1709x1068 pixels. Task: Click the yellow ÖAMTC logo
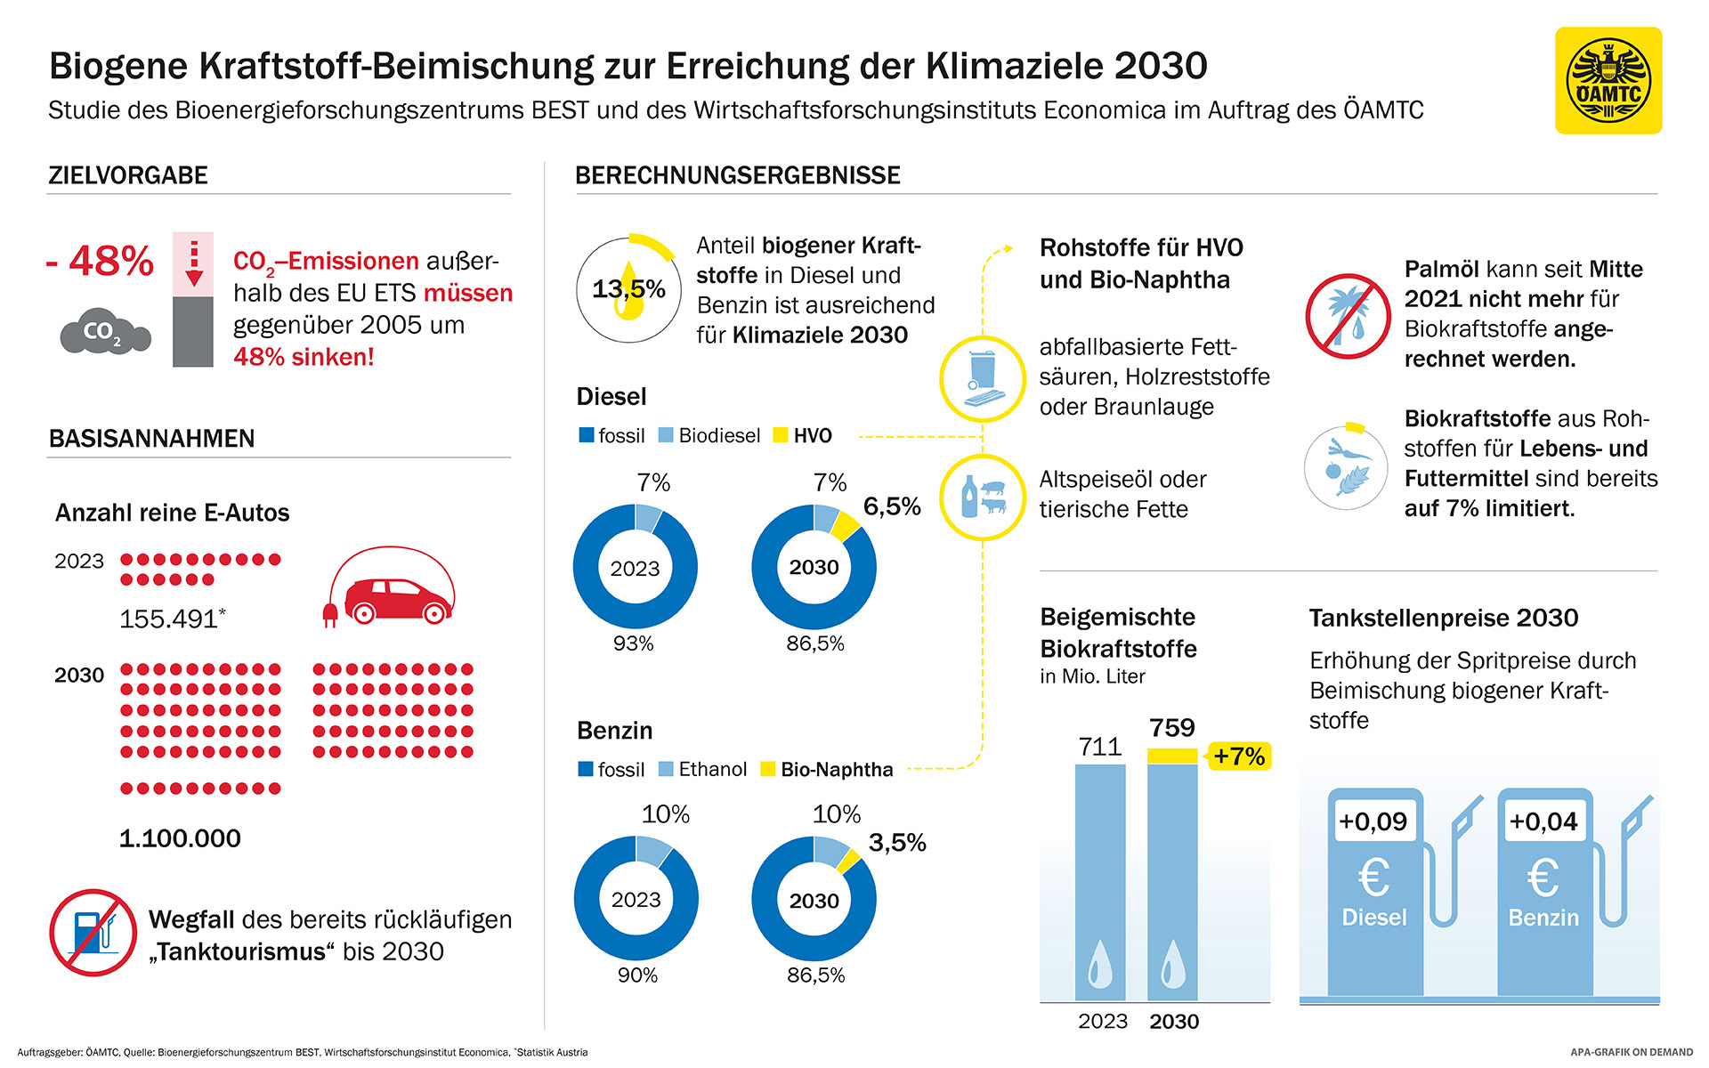[1608, 81]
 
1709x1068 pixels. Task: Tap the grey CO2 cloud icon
[105, 332]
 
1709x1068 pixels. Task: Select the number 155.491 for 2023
[169, 619]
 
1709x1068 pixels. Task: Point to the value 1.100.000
[180, 838]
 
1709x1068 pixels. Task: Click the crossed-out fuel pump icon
[93, 933]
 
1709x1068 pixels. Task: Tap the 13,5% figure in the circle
[628, 289]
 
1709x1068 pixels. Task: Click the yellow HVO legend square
[781, 435]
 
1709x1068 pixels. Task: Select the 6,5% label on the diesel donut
[892, 506]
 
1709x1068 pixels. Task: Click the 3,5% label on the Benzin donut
[897, 843]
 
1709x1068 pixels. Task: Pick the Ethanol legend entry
[702, 769]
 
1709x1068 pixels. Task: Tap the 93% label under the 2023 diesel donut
[633, 643]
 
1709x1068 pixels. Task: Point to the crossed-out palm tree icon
[1348, 316]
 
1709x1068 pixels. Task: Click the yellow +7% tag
[1238, 756]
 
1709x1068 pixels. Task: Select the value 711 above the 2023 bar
[1100, 747]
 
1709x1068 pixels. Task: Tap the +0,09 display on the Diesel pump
[1373, 821]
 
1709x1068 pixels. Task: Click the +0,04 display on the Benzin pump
[1543, 821]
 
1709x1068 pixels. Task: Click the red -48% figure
[101, 261]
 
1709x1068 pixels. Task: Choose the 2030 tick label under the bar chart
[1174, 1022]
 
